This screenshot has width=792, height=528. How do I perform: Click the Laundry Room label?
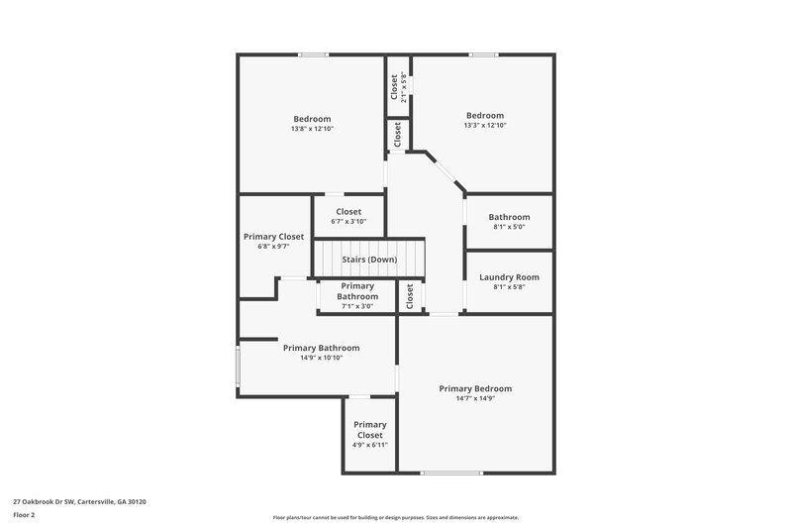click(508, 277)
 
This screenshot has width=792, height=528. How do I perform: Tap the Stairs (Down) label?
click(369, 260)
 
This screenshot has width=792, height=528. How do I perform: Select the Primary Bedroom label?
click(475, 388)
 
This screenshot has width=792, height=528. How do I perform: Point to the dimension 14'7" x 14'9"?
click(475, 399)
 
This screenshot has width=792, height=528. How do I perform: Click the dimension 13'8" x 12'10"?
click(311, 128)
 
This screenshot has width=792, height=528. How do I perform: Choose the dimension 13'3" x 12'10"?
click(484, 125)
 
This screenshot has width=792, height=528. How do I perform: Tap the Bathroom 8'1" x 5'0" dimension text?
click(508, 227)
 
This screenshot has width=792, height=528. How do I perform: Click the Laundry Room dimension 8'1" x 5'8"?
click(508, 287)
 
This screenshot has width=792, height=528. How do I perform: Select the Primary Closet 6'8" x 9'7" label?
click(273, 237)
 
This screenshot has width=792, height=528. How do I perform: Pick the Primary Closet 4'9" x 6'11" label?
click(369, 430)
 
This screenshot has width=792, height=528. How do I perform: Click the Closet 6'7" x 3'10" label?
click(347, 211)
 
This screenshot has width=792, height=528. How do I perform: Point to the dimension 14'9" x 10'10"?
click(321, 358)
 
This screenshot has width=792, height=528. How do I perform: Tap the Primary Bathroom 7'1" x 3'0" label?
click(357, 291)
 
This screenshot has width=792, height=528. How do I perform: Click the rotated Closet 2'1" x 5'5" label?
click(394, 89)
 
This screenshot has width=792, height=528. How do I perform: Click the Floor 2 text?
click(25, 515)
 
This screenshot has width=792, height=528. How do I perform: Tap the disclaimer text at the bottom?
click(395, 517)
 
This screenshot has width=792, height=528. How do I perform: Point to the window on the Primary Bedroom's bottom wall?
click(450, 474)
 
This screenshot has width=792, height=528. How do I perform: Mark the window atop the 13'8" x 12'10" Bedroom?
click(314, 54)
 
